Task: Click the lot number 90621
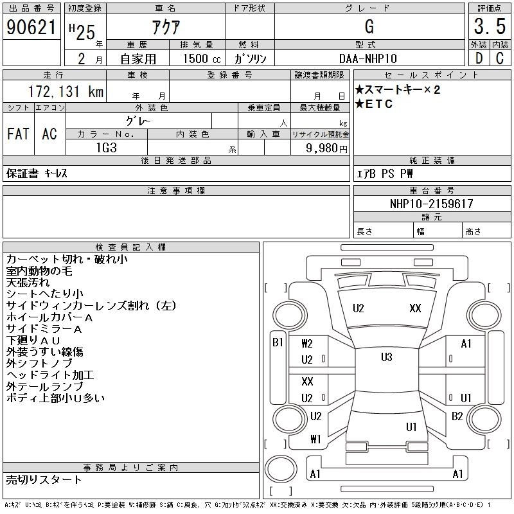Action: click(x=31, y=27)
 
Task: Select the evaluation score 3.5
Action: click(x=490, y=26)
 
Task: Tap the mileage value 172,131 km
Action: click(x=66, y=91)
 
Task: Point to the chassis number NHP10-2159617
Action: click(x=432, y=204)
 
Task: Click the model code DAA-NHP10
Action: click(x=368, y=58)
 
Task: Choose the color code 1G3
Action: click(x=107, y=148)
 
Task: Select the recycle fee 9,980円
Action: click(x=326, y=148)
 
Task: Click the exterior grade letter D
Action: click(x=479, y=58)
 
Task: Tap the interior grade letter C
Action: click(x=500, y=58)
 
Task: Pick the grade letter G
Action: click(x=369, y=26)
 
